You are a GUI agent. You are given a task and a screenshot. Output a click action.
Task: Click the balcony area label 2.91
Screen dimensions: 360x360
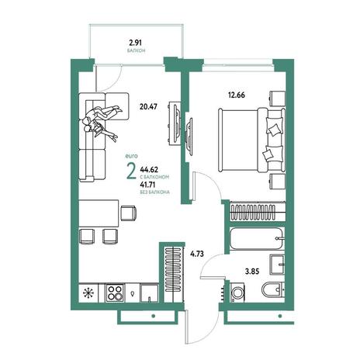(135, 42)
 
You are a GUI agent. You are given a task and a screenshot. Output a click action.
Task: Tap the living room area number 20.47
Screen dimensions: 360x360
(148, 106)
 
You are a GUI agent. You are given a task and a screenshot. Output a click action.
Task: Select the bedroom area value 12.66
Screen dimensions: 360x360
(237, 95)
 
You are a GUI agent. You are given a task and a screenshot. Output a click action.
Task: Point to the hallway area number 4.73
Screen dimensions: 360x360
(197, 254)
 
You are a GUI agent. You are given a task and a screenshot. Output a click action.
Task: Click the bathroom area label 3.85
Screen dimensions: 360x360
(252, 272)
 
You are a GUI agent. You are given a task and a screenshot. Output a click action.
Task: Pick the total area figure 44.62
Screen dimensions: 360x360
(149, 169)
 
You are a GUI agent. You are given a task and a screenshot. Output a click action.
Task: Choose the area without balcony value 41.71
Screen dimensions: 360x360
(148, 185)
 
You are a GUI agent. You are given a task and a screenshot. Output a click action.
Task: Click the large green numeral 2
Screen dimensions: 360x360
(131, 171)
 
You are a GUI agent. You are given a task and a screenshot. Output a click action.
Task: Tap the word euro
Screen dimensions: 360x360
(131, 156)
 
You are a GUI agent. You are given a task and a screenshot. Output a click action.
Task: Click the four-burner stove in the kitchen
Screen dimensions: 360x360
(115, 293)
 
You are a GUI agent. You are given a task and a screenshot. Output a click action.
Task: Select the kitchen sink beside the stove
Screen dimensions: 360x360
(149, 293)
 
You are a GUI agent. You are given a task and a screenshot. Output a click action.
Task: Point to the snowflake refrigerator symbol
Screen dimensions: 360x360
(88, 293)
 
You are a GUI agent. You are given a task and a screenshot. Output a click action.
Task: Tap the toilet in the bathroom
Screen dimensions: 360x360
(272, 289)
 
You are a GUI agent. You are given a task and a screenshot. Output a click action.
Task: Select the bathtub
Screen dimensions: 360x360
(257, 238)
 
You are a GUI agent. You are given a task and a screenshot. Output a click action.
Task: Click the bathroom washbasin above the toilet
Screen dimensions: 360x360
(277, 265)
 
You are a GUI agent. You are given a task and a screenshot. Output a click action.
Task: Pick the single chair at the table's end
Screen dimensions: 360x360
(129, 213)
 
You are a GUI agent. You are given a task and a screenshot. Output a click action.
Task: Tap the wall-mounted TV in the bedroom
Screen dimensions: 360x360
(189, 137)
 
